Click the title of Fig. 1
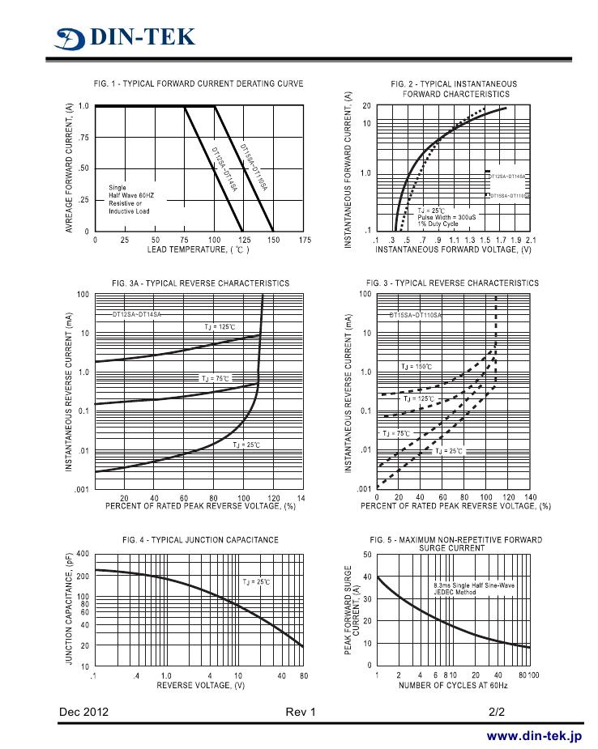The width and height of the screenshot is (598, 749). pyautogui.click(x=199, y=83)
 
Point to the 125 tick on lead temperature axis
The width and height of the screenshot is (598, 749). pyautogui.click(x=244, y=240)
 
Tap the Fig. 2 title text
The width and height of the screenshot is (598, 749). pyautogui.click(x=453, y=88)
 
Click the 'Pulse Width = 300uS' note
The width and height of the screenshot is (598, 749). pyautogui.click(x=446, y=217)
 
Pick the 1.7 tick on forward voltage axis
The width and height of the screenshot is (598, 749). pyautogui.click(x=501, y=240)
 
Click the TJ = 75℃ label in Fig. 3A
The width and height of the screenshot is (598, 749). pyautogui.click(x=216, y=378)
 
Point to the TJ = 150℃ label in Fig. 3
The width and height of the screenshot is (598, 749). pyautogui.click(x=416, y=367)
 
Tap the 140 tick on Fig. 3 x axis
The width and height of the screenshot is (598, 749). pyautogui.click(x=530, y=497)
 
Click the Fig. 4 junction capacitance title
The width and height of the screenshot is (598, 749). pyautogui.click(x=200, y=539)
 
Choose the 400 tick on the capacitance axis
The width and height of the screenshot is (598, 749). pyautogui.click(x=82, y=554)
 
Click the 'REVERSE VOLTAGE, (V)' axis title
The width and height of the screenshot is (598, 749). pyautogui.click(x=200, y=685)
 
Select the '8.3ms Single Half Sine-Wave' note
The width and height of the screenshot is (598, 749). pyautogui.click(x=474, y=585)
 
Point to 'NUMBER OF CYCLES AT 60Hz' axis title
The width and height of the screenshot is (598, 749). pyautogui.click(x=453, y=685)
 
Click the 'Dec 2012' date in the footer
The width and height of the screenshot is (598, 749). pyautogui.click(x=83, y=712)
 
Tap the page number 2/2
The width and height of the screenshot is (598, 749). pyautogui.click(x=497, y=712)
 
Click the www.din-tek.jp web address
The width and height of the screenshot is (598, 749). pyautogui.click(x=534, y=736)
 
